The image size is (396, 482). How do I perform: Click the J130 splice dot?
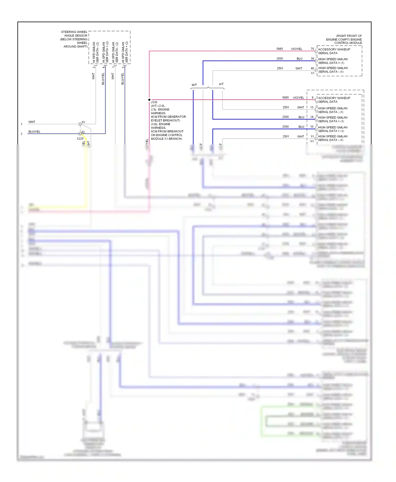149,100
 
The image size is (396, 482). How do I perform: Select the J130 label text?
154,102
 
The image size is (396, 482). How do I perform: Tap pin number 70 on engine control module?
312,49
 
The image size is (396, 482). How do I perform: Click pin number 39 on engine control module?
312,59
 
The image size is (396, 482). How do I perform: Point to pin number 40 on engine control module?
312,68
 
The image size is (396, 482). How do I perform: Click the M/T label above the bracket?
194,85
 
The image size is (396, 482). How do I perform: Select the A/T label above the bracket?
221,84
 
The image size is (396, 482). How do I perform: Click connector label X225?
80,138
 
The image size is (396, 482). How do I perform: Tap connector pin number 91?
83,122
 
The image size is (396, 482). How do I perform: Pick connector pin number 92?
83,132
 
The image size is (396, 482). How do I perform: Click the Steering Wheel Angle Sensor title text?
74,39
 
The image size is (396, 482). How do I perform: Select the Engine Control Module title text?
344,39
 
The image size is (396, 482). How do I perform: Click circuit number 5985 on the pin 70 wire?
280,49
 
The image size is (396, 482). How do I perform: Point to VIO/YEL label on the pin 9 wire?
298,98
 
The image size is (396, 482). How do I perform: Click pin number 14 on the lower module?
312,117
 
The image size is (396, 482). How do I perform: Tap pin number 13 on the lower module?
312,107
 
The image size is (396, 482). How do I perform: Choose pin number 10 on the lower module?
312,127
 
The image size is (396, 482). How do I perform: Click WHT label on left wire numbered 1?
32,122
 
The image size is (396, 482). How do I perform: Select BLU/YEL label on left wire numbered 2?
34,132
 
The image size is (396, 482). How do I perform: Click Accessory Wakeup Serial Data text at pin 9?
334,100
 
